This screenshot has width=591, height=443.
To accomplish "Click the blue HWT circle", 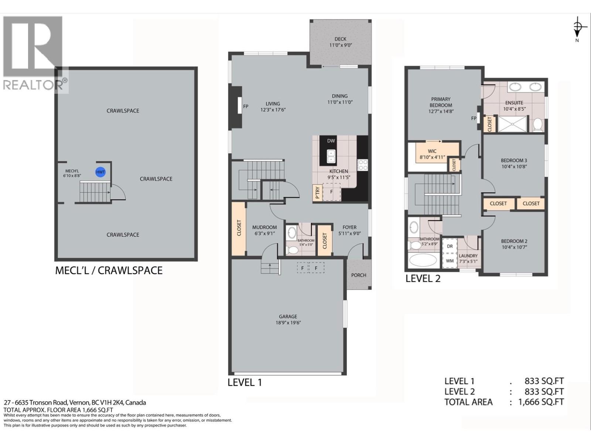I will pos(100,172).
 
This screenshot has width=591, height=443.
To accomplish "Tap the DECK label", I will pos(340,39).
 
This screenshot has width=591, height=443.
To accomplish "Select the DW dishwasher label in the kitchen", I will pos(331,141).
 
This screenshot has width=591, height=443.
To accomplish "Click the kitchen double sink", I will pos(331,156).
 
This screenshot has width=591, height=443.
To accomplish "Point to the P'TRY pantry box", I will pos(317,192).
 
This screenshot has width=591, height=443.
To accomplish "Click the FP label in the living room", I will pos(246,106).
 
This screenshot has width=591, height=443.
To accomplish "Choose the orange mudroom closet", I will pos(239,228).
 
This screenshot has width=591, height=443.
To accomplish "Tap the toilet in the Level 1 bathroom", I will pos(293,250).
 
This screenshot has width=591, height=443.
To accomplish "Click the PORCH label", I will pos(358,275).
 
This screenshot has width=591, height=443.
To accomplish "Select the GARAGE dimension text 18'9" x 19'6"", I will pos(288,322).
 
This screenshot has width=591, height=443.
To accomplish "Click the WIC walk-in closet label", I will pos(432,151).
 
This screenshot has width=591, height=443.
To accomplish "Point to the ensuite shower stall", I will pos(512,124).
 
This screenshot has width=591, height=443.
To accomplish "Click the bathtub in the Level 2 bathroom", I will pos(423,260).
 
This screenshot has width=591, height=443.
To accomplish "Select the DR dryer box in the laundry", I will pos(450,246).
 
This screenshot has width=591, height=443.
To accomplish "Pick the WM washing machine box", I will pos(450,261).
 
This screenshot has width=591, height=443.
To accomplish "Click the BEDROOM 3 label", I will pos(514,160).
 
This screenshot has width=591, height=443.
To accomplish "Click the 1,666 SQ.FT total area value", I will pos(541,402).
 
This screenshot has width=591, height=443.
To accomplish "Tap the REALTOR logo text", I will pos(33,85).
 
